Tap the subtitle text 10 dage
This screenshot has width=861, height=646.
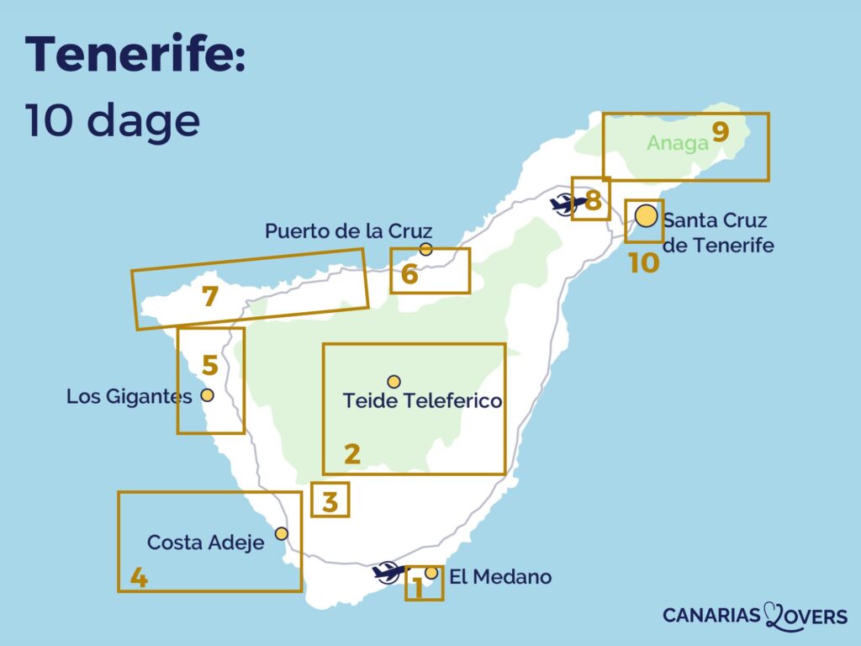tap(113, 120)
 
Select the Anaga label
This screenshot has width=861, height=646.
tap(678, 143)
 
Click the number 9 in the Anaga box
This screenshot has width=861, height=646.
tap(720, 132)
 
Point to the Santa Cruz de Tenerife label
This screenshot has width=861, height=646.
tap(716, 233)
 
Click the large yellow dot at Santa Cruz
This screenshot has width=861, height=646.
tap(646, 216)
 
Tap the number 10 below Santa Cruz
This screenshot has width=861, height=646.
tap(644, 263)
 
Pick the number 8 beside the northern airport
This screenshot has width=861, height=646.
tap(593, 201)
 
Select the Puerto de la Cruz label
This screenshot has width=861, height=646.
tap(348, 230)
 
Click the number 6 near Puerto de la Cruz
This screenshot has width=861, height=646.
tap(409, 274)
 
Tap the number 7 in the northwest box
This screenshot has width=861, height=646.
tap(210, 296)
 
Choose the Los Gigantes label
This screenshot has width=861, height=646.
tap(129, 395)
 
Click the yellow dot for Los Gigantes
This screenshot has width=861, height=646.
tap(207, 394)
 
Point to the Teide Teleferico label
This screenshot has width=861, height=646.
tap(422, 401)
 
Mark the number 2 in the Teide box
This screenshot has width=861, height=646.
tap(352, 454)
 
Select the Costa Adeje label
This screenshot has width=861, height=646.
tap(205, 543)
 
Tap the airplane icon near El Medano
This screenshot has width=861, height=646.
tap(388, 572)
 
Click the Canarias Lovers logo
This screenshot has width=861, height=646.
tap(754, 616)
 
